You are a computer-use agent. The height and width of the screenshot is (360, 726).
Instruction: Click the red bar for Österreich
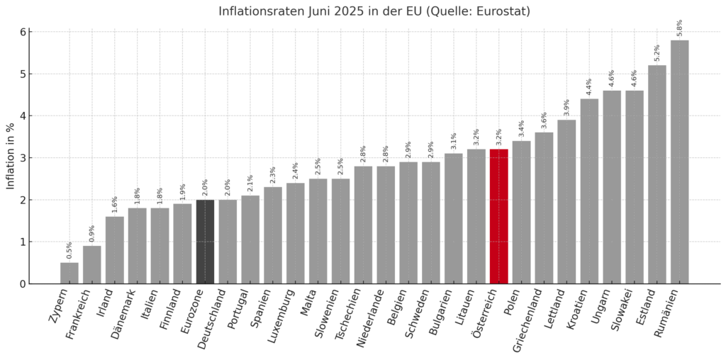(x=498, y=216)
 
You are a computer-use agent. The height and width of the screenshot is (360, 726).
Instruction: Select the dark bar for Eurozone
(x=205, y=242)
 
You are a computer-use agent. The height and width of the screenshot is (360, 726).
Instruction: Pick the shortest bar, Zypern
(x=69, y=273)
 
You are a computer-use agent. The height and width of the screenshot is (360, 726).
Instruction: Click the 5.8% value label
(x=680, y=28)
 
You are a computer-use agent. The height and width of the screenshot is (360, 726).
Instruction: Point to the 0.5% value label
(x=69, y=250)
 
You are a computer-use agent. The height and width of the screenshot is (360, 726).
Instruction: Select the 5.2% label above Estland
(x=657, y=53)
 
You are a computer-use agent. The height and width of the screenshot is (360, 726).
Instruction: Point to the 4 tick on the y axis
(x=23, y=116)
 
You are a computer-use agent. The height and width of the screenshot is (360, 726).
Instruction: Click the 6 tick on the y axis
(x=23, y=32)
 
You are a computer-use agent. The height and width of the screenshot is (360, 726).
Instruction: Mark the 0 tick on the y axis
(x=23, y=283)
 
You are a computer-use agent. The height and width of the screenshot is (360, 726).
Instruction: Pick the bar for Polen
(x=521, y=213)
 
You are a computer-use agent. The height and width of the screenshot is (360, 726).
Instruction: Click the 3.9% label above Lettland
(x=566, y=108)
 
